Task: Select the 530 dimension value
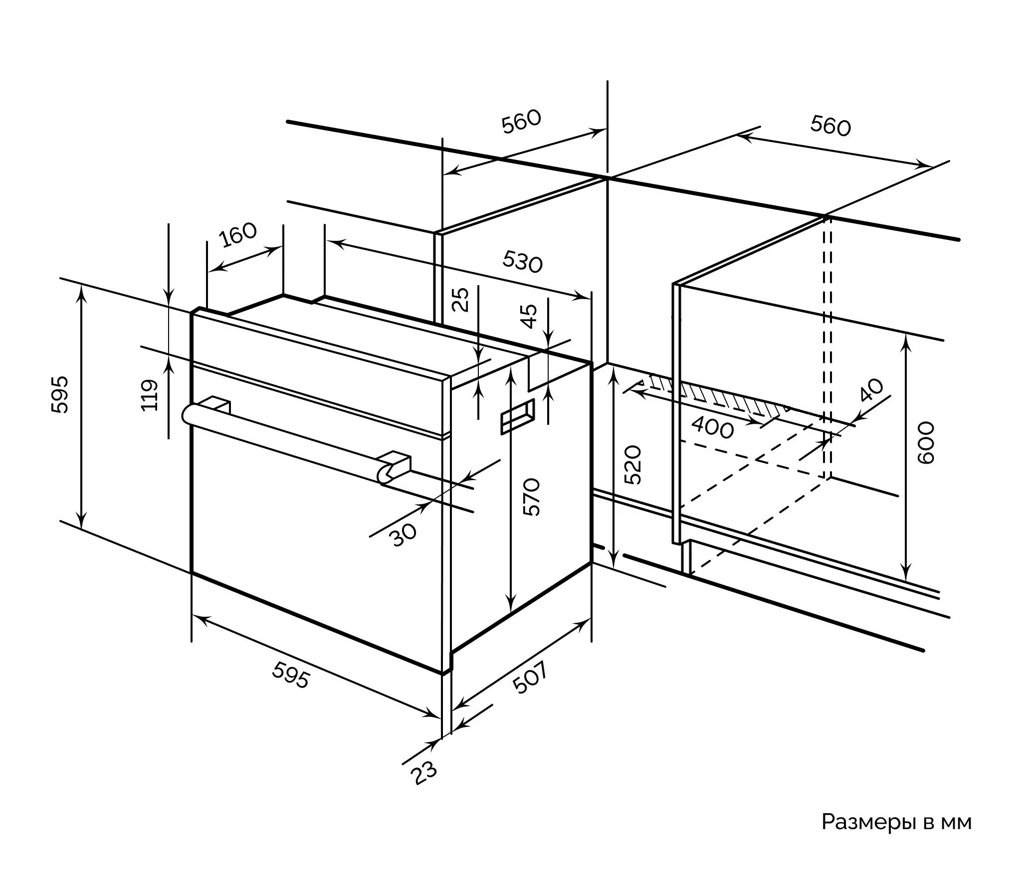tap(522, 262)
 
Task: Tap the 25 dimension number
tap(463, 299)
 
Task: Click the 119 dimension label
tap(150, 395)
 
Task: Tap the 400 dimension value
tap(713, 428)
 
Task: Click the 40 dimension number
tap(872, 390)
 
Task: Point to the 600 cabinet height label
tap(926, 443)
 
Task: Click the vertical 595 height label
tap(60, 395)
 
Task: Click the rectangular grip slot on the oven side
tap(518, 415)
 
